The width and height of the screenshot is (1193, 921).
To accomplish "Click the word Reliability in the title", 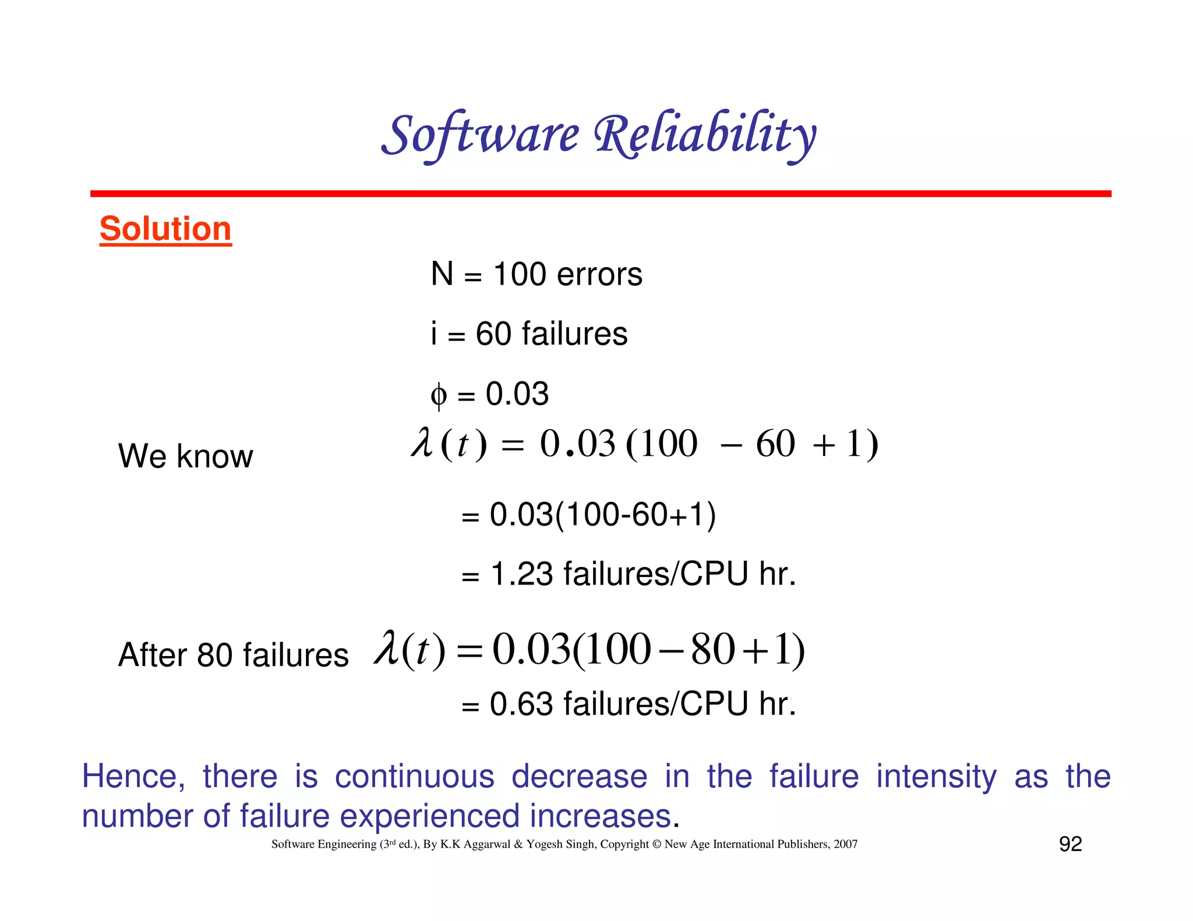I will (x=705, y=135).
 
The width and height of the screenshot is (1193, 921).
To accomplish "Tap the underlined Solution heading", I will (x=165, y=228).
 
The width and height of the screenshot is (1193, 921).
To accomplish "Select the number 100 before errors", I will (x=520, y=274).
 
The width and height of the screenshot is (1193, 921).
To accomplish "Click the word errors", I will (x=599, y=275).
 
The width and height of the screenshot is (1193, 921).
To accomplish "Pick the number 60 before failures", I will (x=493, y=334).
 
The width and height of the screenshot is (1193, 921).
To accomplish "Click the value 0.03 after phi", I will (x=517, y=394).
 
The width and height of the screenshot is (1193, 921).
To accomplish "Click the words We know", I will (x=185, y=456).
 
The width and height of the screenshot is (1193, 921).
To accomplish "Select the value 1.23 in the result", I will (x=521, y=574).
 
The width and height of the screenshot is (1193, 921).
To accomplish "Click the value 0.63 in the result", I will (x=521, y=704).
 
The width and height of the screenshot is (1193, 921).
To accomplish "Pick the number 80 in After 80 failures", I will (x=215, y=655).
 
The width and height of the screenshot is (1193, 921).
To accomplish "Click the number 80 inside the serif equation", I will (x=713, y=649).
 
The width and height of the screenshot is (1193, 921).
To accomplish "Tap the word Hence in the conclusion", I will (x=133, y=777).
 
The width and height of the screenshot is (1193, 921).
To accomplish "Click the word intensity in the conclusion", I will (x=936, y=777).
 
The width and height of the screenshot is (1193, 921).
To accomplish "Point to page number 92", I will (x=1070, y=844).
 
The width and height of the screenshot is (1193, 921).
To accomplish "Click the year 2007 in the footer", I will (x=845, y=844).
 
